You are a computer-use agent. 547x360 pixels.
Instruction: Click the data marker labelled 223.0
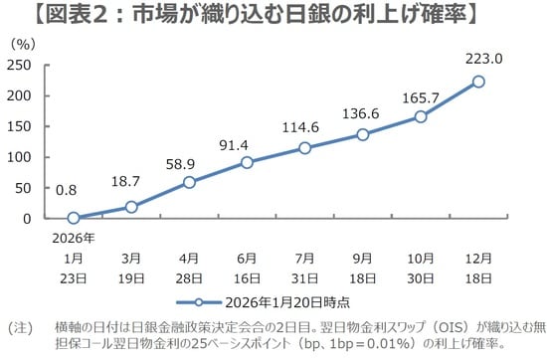pyautogui.click(x=478, y=82)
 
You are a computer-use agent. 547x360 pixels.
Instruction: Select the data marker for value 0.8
pyautogui.click(x=74, y=218)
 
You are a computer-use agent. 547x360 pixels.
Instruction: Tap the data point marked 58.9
pyautogui.click(x=189, y=182)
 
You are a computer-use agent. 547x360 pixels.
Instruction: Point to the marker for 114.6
pyautogui.click(x=305, y=148)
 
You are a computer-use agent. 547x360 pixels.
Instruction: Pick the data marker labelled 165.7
pyautogui.click(x=421, y=116)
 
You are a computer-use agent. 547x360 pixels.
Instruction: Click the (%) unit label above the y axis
pyautogui.click(x=24, y=45)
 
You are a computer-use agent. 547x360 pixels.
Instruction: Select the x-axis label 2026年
pyautogui.click(x=74, y=238)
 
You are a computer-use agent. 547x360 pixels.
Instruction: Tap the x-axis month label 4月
pyautogui.click(x=189, y=257)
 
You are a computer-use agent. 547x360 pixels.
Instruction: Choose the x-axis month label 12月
pyautogui.click(x=478, y=257)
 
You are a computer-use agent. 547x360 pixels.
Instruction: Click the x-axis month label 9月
pyautogui.click(x=363, y=257)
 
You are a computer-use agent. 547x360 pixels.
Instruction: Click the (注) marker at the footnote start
pyautogui.click(x=21, y=326)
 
